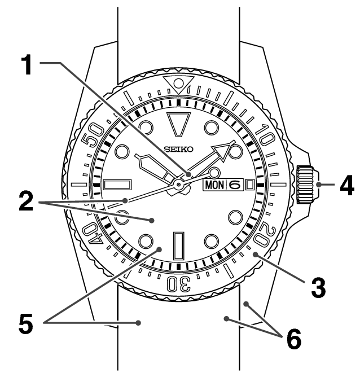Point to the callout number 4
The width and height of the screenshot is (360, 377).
pos(340,185)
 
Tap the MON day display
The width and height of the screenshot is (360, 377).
pos(214,185)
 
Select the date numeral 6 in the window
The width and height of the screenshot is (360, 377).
pos(235,185)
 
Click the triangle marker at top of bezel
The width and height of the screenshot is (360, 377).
pos(179,85)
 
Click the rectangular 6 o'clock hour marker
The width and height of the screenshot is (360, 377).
pos(179,245)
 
